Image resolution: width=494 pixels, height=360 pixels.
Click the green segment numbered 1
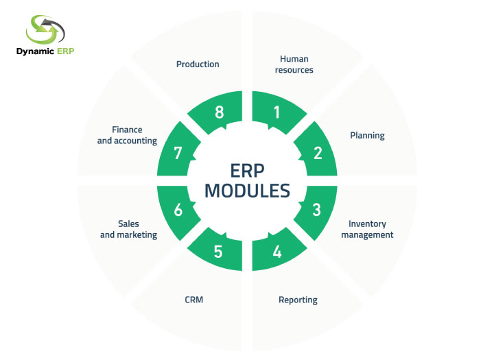click(x=276, y=112)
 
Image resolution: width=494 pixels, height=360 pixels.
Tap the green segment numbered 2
click(x=317, y=152)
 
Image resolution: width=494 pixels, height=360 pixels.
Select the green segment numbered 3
click(x=316, y=210)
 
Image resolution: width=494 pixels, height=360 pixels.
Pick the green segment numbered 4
click(x=277, y=251)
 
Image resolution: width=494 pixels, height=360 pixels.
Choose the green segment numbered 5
click(x=218, y=251)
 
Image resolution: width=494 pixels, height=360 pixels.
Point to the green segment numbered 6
click(x=178, y=210)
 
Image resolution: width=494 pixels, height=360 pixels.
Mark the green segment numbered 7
click(x=178, y=152)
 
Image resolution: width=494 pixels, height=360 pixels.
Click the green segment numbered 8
click(x=219, y=112)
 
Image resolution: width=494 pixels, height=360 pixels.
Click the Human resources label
click(x=294, y=64)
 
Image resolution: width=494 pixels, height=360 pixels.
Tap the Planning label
click(x=367, y=135)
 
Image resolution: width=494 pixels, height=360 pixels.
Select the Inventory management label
click(x=367, y=229)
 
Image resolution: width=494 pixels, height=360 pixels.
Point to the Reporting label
click(x=298, y=300)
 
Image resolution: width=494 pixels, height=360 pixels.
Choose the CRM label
click(x=194, y=300)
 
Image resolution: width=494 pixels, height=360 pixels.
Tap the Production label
click(x=198, y=64)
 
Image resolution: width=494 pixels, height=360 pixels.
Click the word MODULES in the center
click(x=247, y=190)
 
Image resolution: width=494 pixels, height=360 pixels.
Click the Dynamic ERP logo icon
click(x=45, y=29)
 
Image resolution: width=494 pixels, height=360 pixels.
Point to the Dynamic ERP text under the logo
click(x=45, y=52)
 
